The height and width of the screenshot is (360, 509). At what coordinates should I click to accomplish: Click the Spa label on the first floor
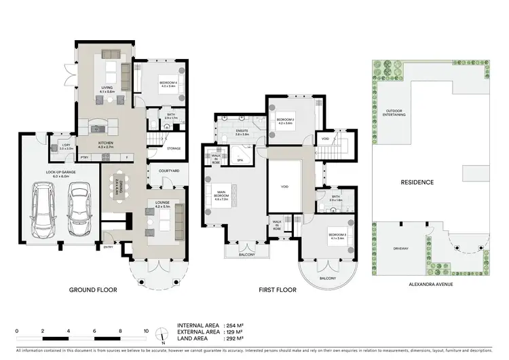(x=240, y=160)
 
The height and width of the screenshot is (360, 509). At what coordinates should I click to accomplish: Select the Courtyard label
(x=169, y=171)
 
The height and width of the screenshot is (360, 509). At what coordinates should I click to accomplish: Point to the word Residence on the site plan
(x=432, y=182)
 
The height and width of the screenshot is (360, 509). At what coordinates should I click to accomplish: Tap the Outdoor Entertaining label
(x=396, y=113)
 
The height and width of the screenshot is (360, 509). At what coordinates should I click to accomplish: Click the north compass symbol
(x=162, y=335)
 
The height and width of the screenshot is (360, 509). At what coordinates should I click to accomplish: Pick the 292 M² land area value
(x=233, y=338)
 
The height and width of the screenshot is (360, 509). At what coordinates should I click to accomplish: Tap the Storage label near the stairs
(x=173, y=147)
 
